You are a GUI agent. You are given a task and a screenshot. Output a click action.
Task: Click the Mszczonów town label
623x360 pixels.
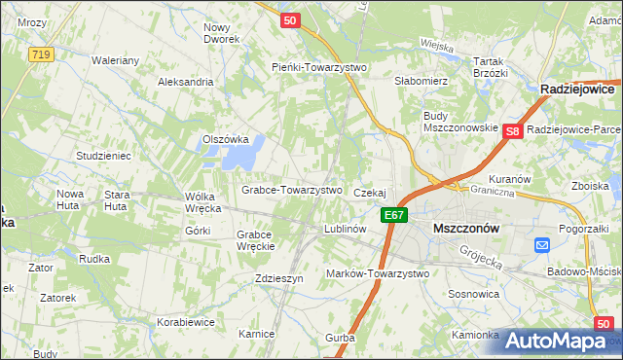tap(464, 228)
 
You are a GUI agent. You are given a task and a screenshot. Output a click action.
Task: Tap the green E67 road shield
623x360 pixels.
tap(393, 215)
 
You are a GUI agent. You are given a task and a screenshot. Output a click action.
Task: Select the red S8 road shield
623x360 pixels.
tap(514, 130)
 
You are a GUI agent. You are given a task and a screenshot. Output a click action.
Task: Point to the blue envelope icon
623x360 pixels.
tap(542, 247)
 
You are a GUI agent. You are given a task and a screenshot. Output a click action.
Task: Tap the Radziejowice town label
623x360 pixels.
tap(580, 89)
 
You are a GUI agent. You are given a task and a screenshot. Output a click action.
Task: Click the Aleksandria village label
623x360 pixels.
tap(185, 82)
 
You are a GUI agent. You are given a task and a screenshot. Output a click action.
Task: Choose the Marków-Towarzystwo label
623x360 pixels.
tap(378, 273)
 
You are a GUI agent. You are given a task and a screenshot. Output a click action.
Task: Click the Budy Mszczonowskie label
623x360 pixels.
tap(460, 122)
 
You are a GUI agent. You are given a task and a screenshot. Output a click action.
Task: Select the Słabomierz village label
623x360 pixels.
tap(420, 82)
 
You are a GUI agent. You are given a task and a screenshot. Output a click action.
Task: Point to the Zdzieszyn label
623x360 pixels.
tap(279, 277)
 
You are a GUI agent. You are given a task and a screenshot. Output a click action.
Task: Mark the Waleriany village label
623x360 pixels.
tap(116, 59)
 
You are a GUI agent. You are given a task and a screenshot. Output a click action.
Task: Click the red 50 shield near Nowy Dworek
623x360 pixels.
tap(288, 19)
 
